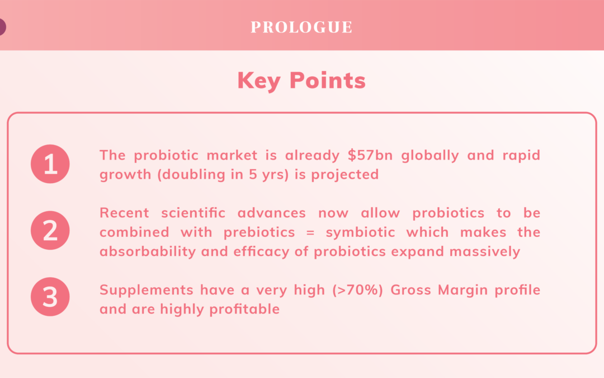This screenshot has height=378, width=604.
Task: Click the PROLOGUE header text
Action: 301,27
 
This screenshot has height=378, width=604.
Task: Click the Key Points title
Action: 301,81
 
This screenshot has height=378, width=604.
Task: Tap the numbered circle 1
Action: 50,164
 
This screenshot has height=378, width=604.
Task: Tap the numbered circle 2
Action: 50,230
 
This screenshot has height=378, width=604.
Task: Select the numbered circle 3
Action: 50,297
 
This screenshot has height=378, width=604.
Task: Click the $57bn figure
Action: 370,155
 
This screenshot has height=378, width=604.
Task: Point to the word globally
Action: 430,156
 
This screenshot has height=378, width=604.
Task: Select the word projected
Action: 345,175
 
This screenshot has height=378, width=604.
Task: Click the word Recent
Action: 124,213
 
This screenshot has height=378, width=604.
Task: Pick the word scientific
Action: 193,213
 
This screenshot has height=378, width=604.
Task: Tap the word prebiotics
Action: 259,232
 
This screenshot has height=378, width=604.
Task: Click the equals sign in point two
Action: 310,232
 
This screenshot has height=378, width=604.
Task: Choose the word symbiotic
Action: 361,232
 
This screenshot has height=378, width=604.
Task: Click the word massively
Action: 484,252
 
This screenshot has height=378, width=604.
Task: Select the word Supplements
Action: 147,290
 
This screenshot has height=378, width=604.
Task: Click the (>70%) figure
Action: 357,290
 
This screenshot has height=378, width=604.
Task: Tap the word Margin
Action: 463,290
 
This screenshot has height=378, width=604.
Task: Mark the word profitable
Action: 244,309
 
